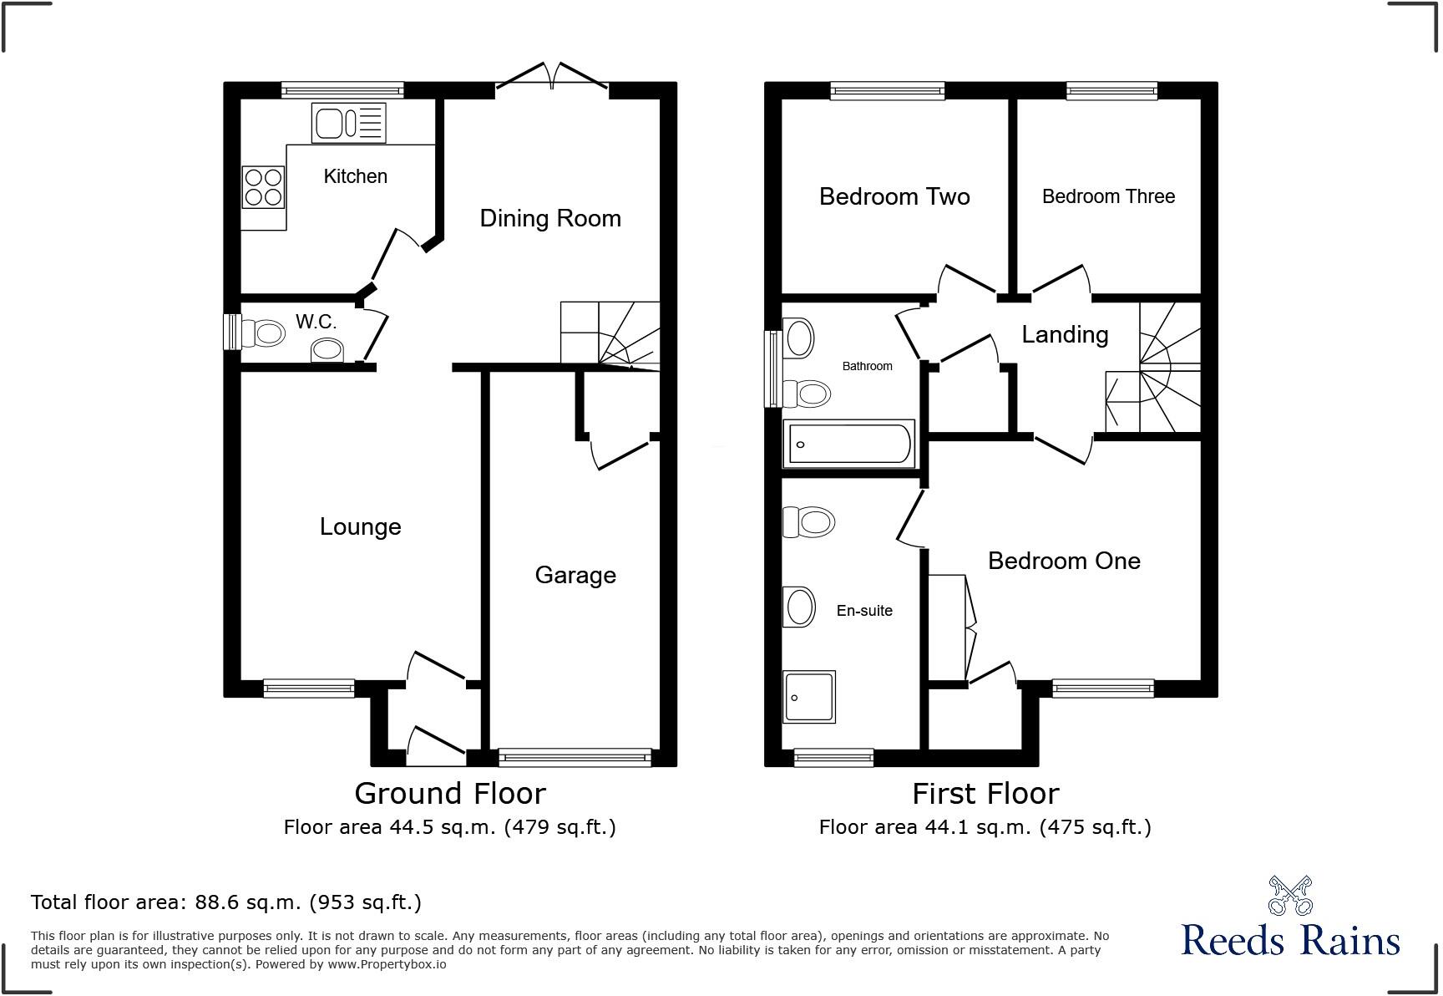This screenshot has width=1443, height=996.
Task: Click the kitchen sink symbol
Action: tap(348, 123)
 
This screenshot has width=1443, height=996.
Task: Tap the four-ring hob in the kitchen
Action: tap(263, 186)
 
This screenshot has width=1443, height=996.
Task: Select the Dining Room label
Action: tap(550, 219)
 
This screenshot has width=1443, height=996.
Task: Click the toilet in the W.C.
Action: tap(261, 333)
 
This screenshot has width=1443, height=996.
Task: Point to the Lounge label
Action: tap(360, 526)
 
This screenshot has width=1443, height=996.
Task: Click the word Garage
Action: tap(575, 575)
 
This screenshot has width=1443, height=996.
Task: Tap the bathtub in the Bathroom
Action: tap(849, 444)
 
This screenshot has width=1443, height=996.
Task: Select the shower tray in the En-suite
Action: tap(808, 697)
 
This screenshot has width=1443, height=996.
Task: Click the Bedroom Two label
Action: tap(894, 197)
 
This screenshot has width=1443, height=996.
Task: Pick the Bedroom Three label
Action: tap(1108, 196)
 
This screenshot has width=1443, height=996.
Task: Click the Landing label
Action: tap(1065, 334)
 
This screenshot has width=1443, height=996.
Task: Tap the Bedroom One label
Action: tap(1063, 561)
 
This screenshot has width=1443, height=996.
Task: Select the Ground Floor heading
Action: tap(449, 793)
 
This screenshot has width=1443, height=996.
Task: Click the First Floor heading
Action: tap(985, 793)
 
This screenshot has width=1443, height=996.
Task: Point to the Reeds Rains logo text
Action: tap(1290, 940)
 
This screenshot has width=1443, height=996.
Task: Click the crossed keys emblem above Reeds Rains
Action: tap(1290, 895)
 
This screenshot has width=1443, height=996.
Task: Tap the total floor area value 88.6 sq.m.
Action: tap(248, 902)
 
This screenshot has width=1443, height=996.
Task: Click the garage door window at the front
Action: tap(575, 757)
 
